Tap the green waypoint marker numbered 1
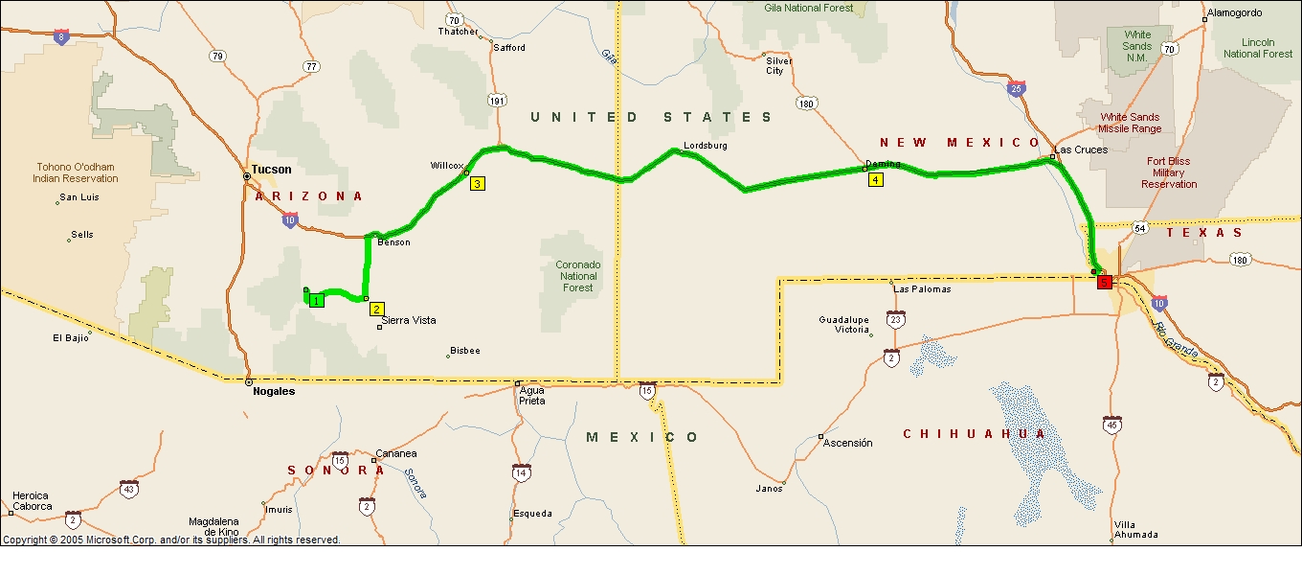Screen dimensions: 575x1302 317,300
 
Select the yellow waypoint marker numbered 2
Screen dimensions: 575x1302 377,309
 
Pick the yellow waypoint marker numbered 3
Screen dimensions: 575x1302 477,184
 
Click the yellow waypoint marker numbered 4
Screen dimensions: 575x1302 875,179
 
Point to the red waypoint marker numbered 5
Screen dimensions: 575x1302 1105,282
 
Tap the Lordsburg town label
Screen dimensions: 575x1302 705,146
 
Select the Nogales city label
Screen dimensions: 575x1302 273,391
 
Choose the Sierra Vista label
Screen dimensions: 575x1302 409,320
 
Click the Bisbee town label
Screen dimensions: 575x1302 464,351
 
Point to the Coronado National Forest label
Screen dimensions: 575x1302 577,276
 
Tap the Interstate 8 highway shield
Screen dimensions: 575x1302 61,37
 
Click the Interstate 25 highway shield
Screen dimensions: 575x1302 1016,89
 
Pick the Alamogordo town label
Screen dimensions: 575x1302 1235,13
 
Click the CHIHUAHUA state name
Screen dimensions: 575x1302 976,434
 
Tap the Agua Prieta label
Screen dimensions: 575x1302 532,395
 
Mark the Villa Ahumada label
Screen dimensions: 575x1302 1136,529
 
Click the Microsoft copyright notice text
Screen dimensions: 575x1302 171,540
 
